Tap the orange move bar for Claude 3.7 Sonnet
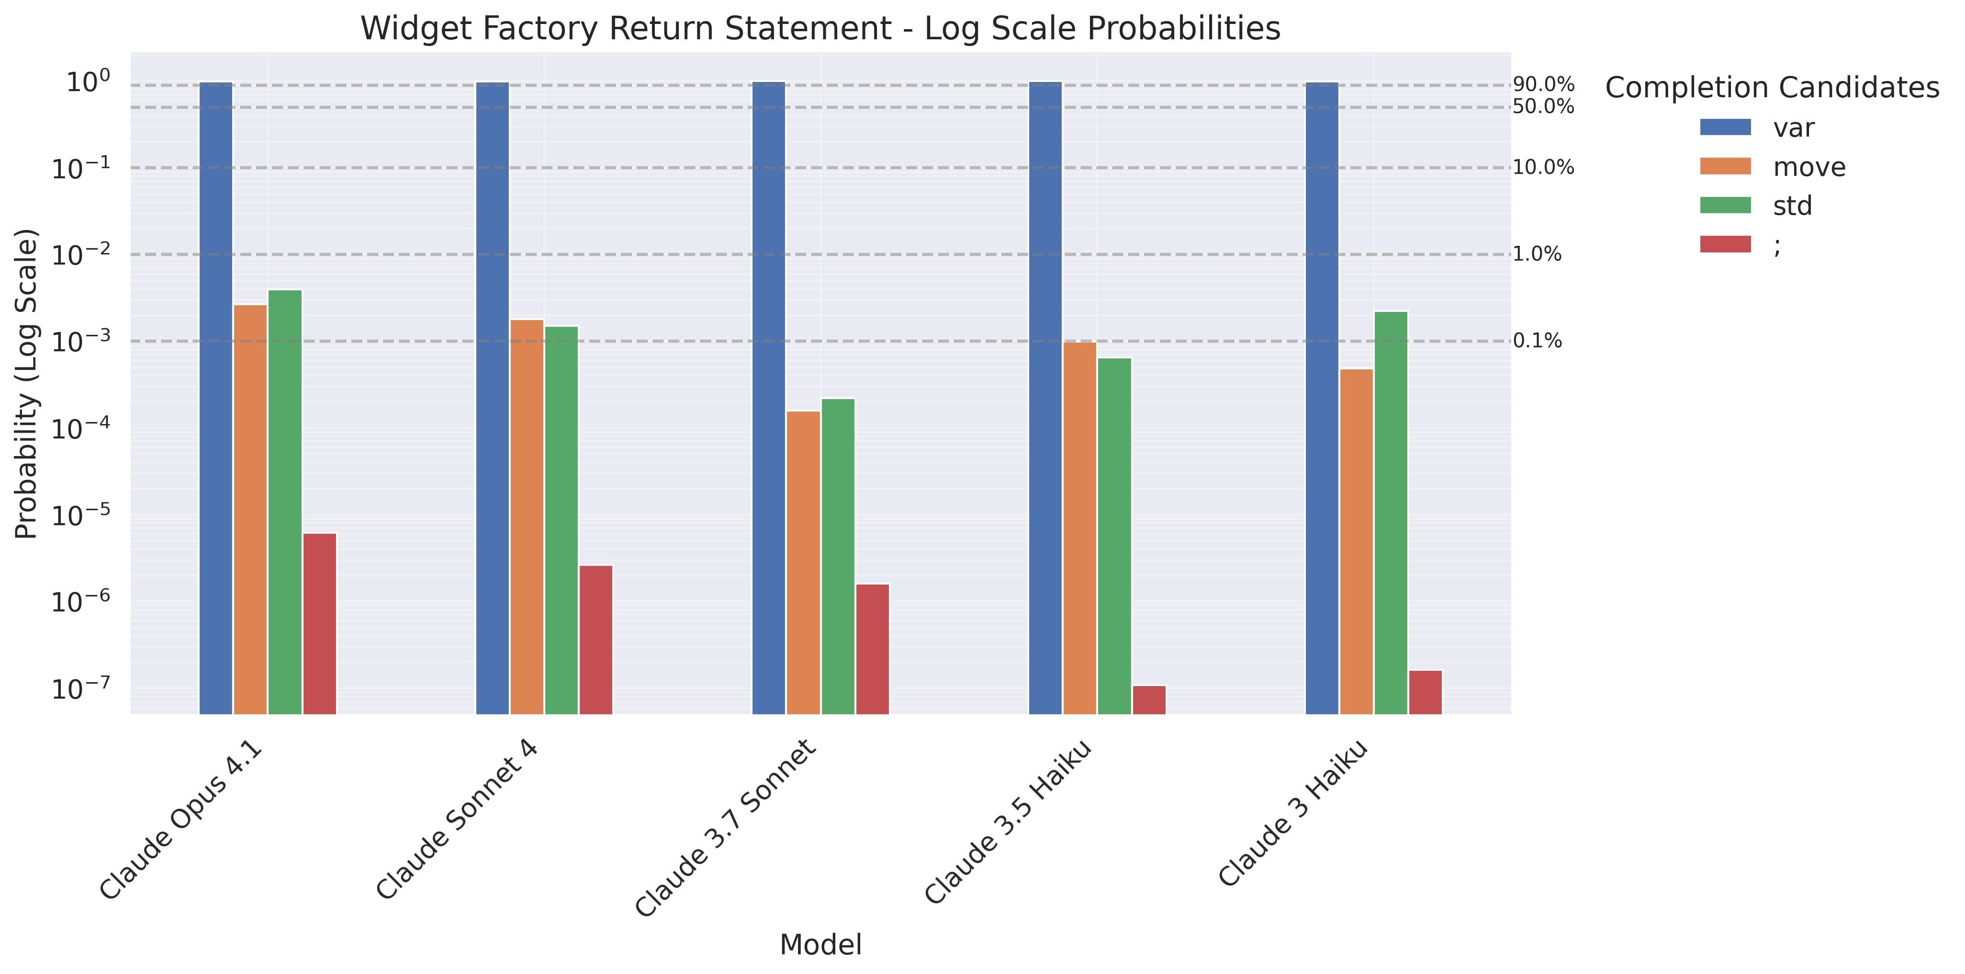803,562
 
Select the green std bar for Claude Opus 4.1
284,502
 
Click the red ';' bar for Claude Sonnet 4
596,639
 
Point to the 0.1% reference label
1537,341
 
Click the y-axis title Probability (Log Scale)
27,383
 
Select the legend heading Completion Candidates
1771,88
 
